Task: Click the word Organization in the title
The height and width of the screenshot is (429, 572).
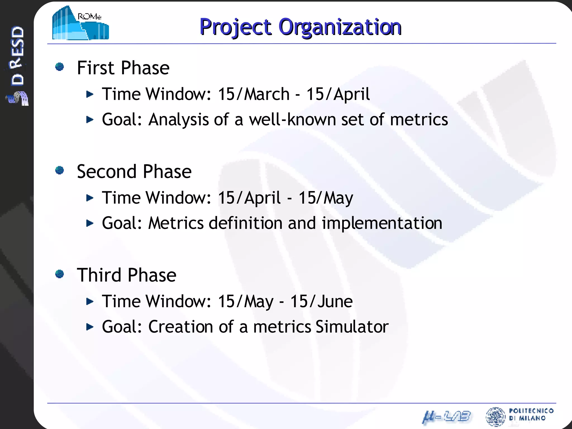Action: pos(340,27)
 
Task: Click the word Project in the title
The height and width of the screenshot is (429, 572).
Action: pos(235,27)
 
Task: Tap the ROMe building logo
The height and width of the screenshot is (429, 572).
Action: pos(80,23)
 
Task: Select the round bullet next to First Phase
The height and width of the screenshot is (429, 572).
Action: pos(59,67)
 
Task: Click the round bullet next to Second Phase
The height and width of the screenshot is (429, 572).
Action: pos(59,170)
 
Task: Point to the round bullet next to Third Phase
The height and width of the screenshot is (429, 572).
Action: pos(59,274)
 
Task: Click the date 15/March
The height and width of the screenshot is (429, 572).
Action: pos(254,94)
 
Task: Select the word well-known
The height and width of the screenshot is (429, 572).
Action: pos(292,120)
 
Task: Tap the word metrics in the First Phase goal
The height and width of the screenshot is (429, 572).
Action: pos(419,120)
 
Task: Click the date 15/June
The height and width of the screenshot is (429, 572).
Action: pos(321,301)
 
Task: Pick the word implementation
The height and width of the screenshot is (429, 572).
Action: pos(382,223)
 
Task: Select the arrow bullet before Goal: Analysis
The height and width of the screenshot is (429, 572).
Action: pos(90,120)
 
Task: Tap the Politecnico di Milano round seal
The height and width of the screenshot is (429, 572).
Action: pos(495,417)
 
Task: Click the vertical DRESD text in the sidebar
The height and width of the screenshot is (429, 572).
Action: pos(17,56)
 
